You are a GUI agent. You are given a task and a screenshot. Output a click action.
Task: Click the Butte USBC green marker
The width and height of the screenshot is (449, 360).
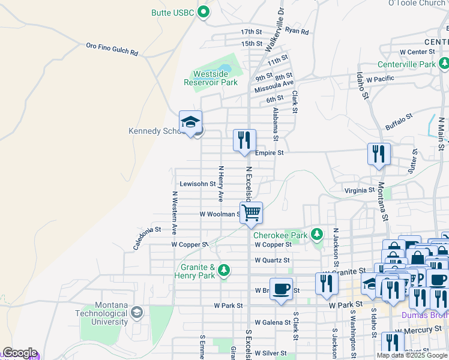tap(203, 11)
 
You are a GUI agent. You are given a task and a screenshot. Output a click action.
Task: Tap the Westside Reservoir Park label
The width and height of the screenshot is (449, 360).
tap(215, 78)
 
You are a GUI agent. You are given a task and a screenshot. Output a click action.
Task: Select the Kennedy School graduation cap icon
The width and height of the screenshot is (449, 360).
tap(190, 122)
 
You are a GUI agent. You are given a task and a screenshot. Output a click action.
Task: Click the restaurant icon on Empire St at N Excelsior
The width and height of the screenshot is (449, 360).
tap(244, 140)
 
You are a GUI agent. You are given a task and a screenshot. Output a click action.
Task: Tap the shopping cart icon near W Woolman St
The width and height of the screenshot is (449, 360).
tap(251, 212)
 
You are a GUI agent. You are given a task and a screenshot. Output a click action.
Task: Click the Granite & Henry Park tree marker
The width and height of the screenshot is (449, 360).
tap(224, 271)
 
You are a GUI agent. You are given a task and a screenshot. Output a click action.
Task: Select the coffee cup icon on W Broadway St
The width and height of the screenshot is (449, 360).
tap(281, 289)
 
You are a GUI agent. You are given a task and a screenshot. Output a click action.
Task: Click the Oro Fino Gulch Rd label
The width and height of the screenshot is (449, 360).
tap(112, 49)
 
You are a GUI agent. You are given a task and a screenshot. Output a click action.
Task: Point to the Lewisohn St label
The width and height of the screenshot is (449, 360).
tap(197, 184)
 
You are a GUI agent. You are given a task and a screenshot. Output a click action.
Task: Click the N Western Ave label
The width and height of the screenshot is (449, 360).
tap(175, 212)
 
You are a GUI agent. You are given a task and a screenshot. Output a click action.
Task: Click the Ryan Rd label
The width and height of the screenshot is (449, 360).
tap(297, 31)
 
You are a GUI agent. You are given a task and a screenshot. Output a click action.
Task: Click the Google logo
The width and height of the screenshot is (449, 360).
tap(19, 353)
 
